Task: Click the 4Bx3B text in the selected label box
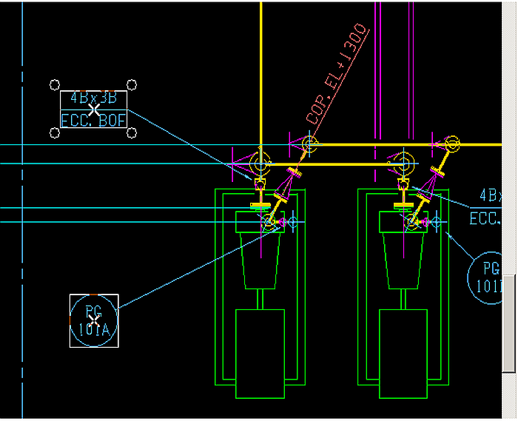coord(93,98)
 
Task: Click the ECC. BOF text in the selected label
coord(93,120)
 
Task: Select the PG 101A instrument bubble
coord(93,320)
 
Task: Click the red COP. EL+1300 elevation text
coord(337,73)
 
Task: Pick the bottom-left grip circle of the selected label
coord(55,132)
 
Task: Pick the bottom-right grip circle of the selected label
coord(132,132)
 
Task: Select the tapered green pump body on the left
coord(260,259)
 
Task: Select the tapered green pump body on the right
coord(404,259)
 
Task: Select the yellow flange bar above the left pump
coord(260,205)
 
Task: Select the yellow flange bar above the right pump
coord(403,203)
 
